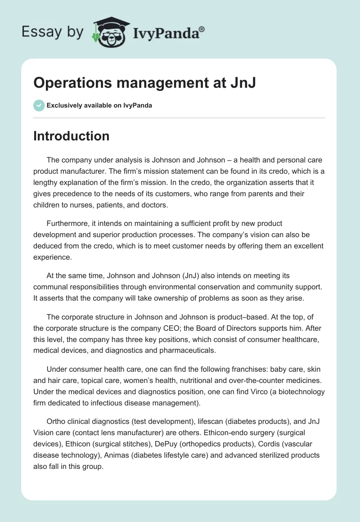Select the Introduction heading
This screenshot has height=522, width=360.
[71, 136]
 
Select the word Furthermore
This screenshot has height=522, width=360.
[68, 223]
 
